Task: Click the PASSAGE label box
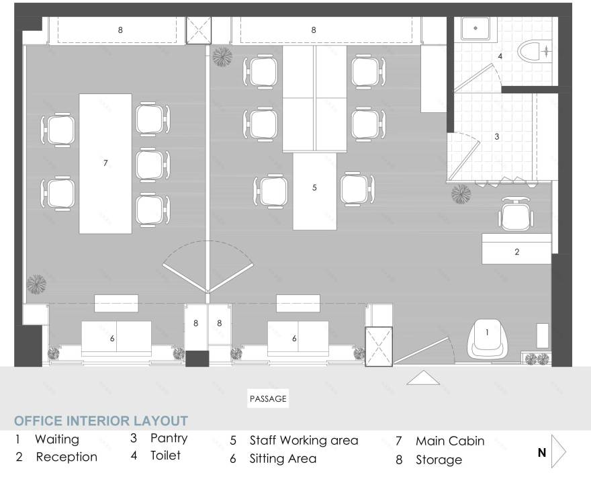tap(268, 398)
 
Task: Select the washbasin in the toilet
tap(475, 28)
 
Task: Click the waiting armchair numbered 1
tap(486, 339)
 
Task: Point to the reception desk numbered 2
tap(516, 249)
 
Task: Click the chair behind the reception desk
tap(516, 214)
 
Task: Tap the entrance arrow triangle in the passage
tap(423, 378)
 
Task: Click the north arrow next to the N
tap(558, 451)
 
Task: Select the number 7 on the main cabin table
tap(105, 163)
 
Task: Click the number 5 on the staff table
tap(314, 187)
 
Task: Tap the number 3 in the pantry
tap(497, 136)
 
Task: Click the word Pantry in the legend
tap(169, 438)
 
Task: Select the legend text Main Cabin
tap(450, 441)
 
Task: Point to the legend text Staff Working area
tap(304, 441)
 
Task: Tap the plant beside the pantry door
tap(461, 194)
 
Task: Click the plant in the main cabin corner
tap(36, 284)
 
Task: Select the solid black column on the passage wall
tap(197, 359)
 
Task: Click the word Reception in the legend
tap(66, 457)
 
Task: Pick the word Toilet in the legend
tap(165, 455)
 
